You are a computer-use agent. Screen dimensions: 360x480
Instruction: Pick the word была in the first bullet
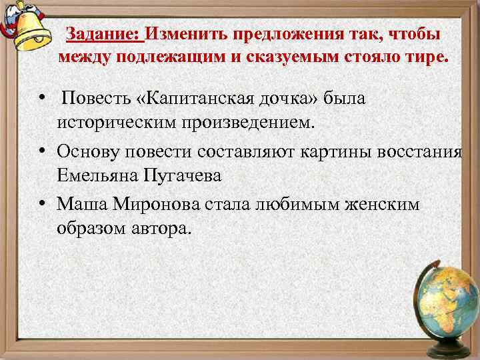click(345, 99)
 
